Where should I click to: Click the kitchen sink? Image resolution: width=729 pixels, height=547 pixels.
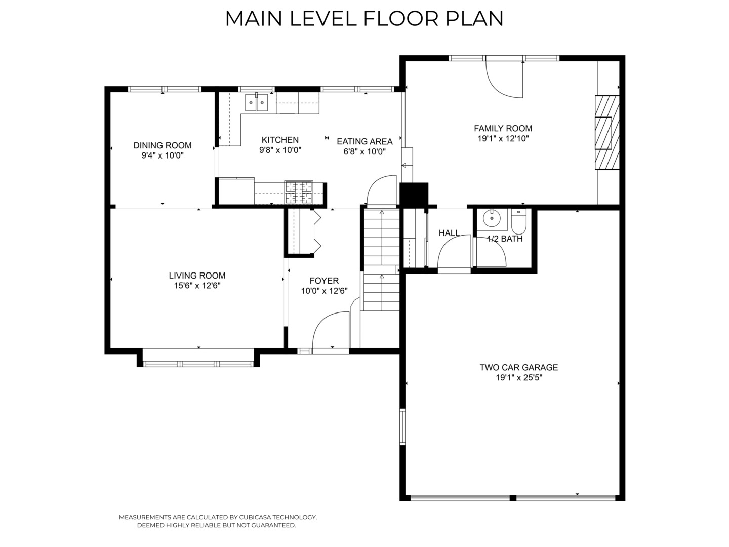(256, 102)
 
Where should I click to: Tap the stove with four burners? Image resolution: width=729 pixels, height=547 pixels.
(299, 191)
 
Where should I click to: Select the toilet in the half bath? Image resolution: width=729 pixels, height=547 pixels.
(519, 221)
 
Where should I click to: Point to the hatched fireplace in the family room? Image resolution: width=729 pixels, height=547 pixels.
(607, 132)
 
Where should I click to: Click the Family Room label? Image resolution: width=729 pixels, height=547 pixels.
(503, 128)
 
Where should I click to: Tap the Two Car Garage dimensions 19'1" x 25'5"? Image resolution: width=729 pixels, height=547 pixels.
(519, 378)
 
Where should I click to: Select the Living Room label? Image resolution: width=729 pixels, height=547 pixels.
(197, 276)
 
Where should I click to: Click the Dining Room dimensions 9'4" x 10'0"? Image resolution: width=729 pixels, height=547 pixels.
(163, 155)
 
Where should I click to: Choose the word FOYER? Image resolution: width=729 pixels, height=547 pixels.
(324, 281)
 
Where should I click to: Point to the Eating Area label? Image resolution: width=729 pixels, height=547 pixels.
(364, 141)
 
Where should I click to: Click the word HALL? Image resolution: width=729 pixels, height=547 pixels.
(449, 233)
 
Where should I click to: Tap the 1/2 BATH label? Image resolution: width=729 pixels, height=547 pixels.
(505, 239)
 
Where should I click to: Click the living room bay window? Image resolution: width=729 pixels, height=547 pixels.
(198, 363)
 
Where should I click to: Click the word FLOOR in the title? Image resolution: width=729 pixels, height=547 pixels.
(401, 19)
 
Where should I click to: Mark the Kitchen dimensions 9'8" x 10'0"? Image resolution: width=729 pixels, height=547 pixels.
(280, 150)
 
